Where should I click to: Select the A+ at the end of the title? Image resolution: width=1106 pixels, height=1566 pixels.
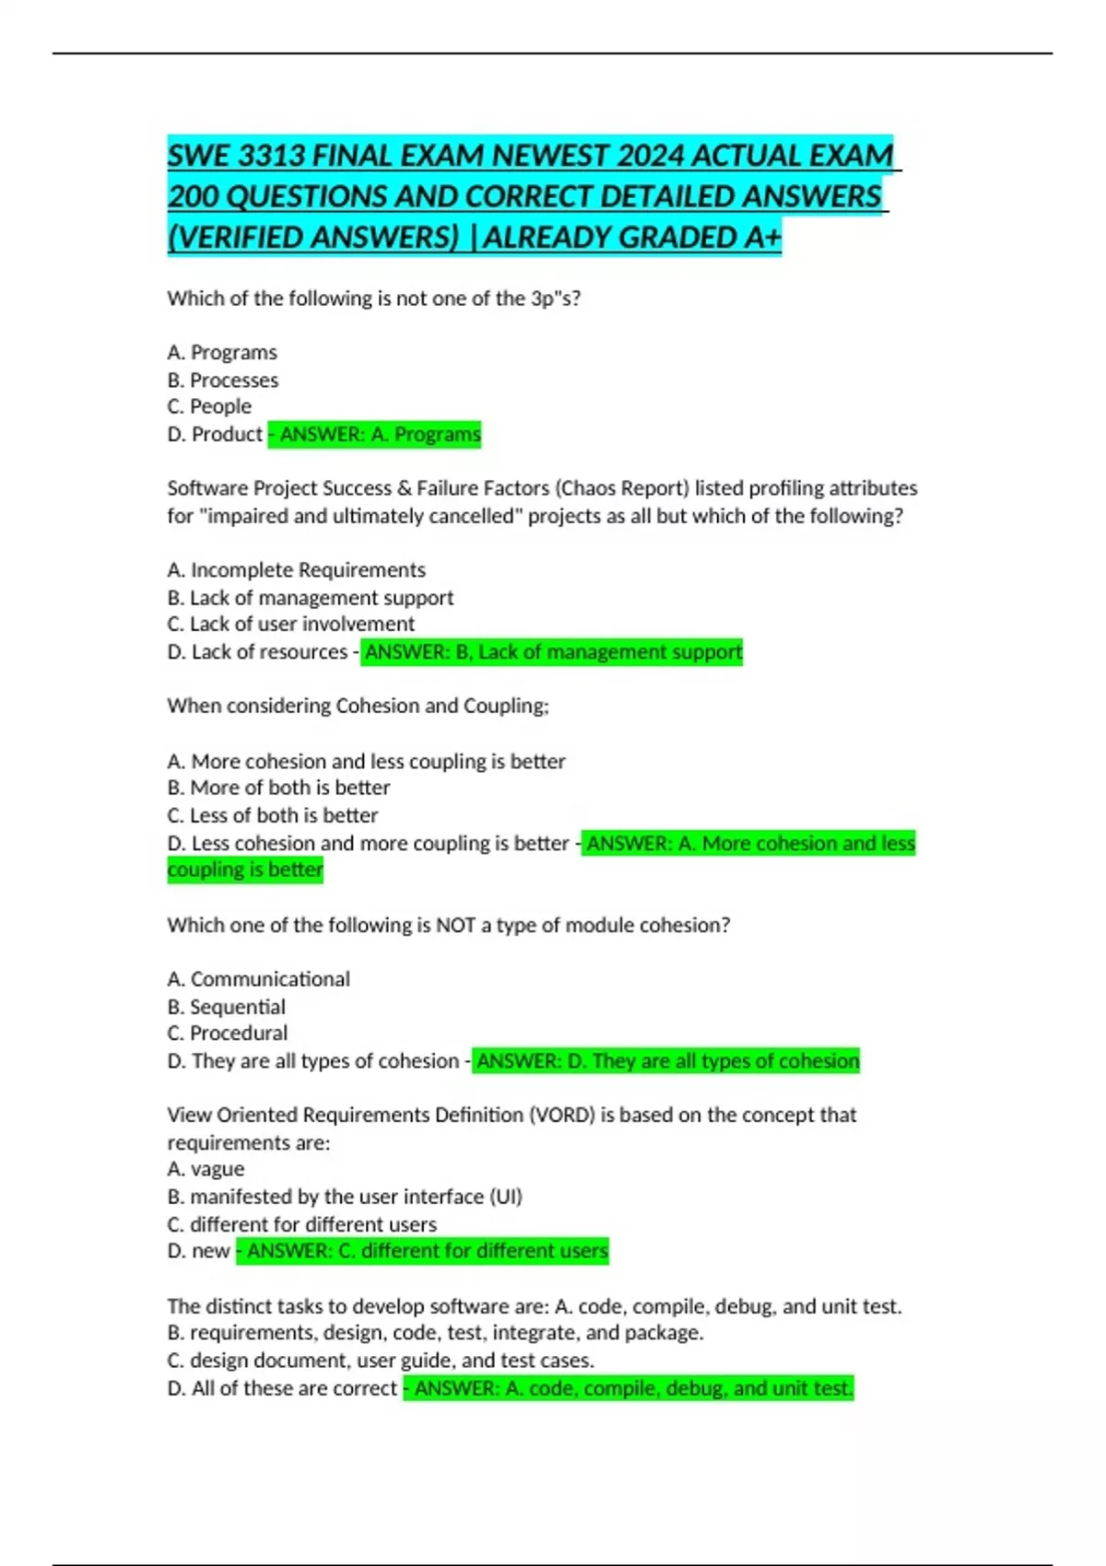tap(762, 238)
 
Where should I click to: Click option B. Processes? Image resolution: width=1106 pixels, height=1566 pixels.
tap(223, 380)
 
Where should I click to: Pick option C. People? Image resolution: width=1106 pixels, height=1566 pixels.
tap(209, 406)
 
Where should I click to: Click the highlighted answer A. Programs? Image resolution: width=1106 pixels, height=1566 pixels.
tap(375, 434)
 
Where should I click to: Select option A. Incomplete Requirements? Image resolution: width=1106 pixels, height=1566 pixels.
tap(297, 570)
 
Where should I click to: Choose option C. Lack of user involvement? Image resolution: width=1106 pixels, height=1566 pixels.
tap(291, 624)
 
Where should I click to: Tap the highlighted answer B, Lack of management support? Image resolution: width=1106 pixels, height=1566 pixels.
tap(552, 652)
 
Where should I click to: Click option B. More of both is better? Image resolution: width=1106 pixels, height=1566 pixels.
tap(279, 788)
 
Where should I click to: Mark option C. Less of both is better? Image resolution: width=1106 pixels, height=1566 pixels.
tap(273, 815)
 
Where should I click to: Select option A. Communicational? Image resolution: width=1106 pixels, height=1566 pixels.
tap(259, 979)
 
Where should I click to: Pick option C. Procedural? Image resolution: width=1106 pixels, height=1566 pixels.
tap(228, 1033)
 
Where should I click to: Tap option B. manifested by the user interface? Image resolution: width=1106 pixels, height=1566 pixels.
tap(345, 1197)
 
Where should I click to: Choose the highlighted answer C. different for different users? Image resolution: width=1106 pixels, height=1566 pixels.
tap(423, 1251)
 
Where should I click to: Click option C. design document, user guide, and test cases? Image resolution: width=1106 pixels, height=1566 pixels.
tap(381, 1360)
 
